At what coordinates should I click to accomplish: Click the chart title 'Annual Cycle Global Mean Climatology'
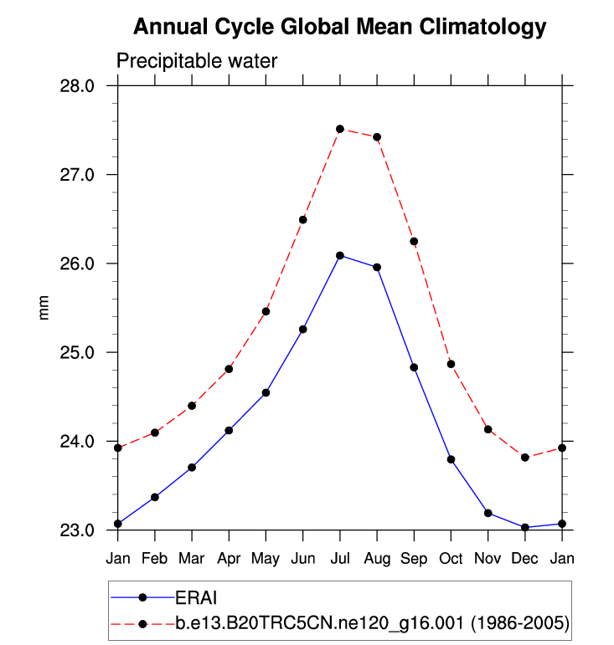point(339,28)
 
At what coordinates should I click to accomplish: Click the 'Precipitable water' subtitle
point(196,61)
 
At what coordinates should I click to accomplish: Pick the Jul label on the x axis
point(340,557)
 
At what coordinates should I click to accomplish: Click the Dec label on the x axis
point(525,557)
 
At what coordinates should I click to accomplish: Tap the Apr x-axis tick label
point(229,557)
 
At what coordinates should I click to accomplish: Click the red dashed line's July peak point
point(340,129)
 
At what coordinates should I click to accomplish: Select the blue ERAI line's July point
point(340,255)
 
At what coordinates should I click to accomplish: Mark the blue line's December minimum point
point(525,527)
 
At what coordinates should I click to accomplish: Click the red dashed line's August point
point(377,137)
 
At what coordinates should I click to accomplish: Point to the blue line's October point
point(451,459)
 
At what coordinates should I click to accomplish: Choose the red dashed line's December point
point(525,458)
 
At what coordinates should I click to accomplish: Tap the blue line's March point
point(192,467)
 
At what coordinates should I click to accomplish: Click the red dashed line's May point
point(266,311)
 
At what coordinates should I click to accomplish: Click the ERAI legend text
point(198,597)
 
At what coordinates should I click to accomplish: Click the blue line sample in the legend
point(142,597)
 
